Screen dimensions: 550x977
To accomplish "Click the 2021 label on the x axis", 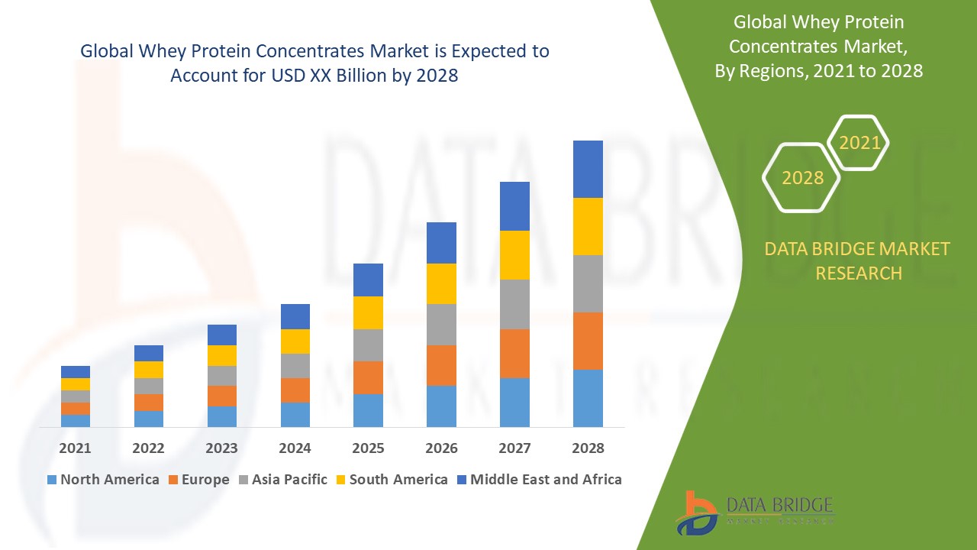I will [75, 448].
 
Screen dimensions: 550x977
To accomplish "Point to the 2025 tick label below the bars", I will [368, 448].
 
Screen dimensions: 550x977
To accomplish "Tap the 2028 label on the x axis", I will [588, 448].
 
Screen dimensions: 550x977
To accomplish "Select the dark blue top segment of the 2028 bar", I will [588, 169].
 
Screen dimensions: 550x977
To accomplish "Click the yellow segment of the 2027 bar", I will [514, 254].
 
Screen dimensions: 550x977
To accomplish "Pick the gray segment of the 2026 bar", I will [441, 325].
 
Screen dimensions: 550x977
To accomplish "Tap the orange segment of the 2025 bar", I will [368, 377].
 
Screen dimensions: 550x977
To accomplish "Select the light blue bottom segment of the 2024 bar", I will [295, 414].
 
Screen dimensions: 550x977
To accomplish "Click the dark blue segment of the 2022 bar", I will [148, 353].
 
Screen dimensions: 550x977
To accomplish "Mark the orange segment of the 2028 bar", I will [588, 341].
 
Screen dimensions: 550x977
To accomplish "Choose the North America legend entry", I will [103, 480].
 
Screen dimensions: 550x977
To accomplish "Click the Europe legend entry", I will [198, 480].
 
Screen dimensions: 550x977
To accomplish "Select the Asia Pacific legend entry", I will [282, 480].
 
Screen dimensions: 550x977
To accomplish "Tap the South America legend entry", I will [391, 480].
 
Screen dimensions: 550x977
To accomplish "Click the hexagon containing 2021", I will [859, 143].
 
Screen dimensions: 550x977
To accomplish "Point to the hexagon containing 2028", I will [801, 177].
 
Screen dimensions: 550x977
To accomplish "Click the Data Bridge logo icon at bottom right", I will [696, 512].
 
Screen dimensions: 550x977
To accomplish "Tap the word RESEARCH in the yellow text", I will [859, 273].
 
